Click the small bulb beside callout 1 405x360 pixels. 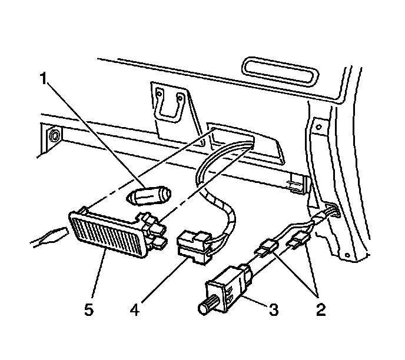(150, 195)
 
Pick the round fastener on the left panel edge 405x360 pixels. (54, 136)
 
